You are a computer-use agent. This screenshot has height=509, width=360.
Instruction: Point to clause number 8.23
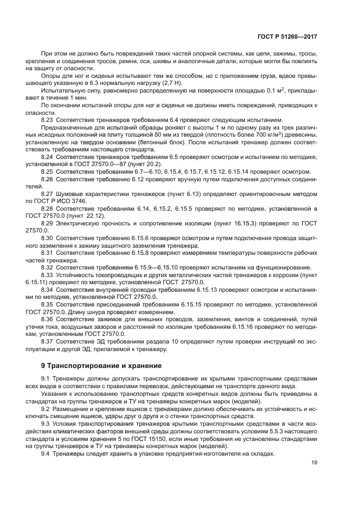pos(47,119)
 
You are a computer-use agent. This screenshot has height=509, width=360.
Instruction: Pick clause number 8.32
pos(47,267)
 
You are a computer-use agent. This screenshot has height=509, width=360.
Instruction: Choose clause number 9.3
pos(46,424)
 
